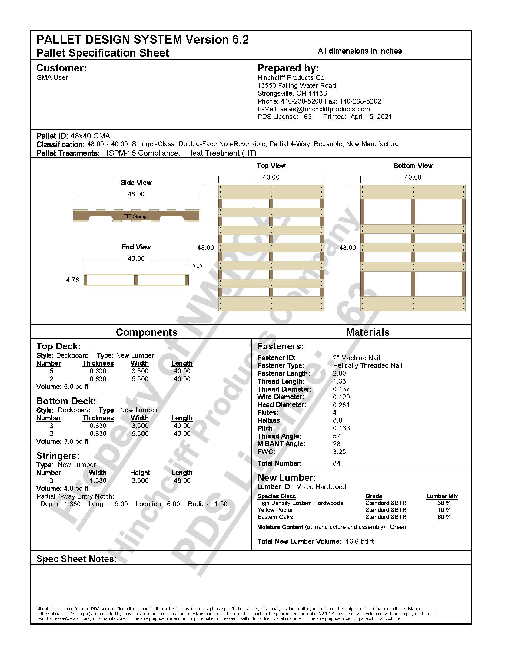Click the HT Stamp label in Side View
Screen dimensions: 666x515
(135, 216)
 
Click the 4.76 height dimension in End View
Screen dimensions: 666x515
(72, 280)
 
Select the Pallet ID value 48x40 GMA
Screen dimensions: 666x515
(90, 136)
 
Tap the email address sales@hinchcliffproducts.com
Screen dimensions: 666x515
(325, 109)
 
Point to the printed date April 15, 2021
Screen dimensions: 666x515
(371, 117)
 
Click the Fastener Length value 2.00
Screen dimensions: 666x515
(339, 373)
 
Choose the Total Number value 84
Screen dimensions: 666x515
(337, 463)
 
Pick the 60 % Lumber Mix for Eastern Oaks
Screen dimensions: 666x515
(444, 517)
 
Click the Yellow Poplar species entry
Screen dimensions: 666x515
(275, 510)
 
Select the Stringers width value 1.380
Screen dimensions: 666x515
(98, 481)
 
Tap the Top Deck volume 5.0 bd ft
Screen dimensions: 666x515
(76, 387)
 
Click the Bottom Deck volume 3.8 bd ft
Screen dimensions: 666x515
(76, 441)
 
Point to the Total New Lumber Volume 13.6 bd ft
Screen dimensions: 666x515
(359, 541)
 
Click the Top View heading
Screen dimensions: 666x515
(271, 166)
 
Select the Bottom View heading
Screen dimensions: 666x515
(413, 166)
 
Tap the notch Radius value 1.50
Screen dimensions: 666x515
(221, 504)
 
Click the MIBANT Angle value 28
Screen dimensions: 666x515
(337, 444)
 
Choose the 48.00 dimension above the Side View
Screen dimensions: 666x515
(136, 194)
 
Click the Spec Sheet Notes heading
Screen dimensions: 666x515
(77, 559)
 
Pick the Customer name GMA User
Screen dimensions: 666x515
(52, 78)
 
